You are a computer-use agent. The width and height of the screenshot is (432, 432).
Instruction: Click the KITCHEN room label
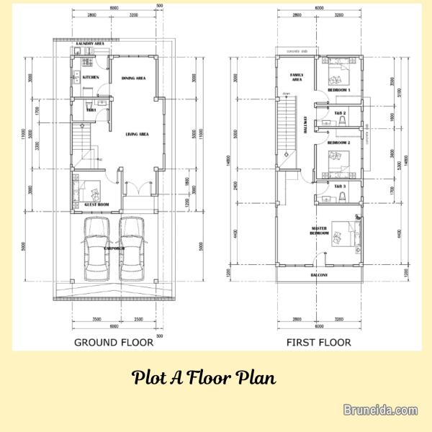(91, 77)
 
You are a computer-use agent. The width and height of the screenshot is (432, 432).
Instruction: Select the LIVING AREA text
(137, 134)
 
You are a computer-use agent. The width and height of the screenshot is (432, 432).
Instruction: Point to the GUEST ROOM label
(97, 204)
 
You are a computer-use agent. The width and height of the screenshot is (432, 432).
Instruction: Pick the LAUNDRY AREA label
(90, 44)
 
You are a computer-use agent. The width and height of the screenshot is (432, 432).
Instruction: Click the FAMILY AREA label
(296, 77)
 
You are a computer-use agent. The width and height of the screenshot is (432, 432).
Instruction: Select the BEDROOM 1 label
(338, 90)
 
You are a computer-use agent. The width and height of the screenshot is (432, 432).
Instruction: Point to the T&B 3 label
(340, 186)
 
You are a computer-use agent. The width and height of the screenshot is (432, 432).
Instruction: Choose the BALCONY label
(319, 275)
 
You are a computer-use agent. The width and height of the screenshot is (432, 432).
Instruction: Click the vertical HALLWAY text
(305, 127)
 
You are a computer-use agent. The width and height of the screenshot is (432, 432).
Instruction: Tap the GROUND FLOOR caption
(114, 343)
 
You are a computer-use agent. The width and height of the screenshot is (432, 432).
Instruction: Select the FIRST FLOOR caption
(318, 343)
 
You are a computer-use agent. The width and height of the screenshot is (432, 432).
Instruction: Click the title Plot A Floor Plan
(204, 378)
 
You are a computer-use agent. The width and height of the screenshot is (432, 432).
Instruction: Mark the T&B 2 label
(340, 113)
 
